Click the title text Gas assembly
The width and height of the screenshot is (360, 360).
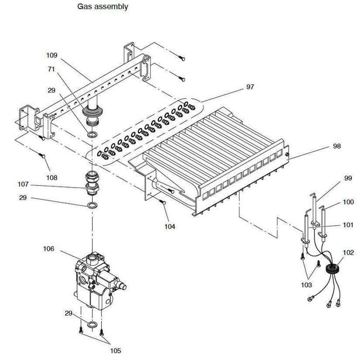click(x=103, y=7)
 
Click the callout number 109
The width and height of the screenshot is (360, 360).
click(x=52, y=56)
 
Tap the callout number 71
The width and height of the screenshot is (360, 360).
click(x=51, y=69)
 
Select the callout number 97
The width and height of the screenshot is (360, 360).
click(x=250, y=87)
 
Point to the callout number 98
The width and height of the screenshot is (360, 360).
click(x=337, y=146)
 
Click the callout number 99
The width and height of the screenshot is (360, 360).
click(x=348, y=178)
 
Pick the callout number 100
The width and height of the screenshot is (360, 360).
click(x=348, y=202)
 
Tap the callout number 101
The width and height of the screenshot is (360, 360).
click(x=348, y=225)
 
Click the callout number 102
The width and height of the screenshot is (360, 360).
click(x=349, y=253)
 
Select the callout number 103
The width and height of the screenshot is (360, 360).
click(x=307, y=285)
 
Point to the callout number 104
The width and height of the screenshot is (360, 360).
click(x=170, y=227)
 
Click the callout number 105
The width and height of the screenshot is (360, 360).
click(x=116, y=351)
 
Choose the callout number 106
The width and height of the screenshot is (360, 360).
click(x=49, y=248)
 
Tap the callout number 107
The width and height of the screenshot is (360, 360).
click(x=23, y=184)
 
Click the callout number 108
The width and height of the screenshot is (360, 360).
click(x=52, y=177)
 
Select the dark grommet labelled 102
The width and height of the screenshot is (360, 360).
click(x=333, y=268)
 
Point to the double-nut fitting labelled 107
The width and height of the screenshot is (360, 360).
click(x=92, y=183)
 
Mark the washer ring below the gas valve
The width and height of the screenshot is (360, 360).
click(x=92, y=325)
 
